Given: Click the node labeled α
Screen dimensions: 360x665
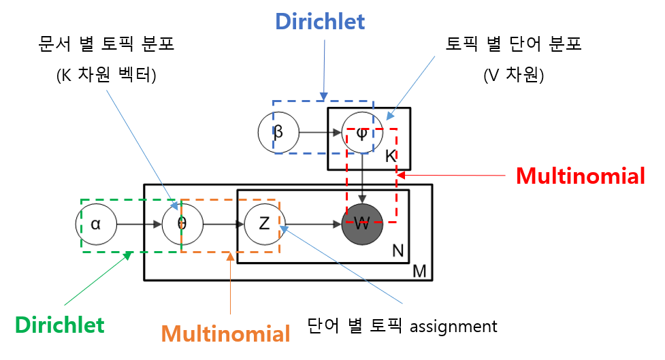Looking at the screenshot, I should [95, 224].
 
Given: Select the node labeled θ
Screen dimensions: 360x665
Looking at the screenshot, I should [182, 224].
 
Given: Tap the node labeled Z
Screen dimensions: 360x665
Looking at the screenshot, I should [264, 224].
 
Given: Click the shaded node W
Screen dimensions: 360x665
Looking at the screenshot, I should [362, 224].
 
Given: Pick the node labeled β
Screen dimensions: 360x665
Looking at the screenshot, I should [278, 132].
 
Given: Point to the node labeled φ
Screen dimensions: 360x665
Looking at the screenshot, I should [362, 132].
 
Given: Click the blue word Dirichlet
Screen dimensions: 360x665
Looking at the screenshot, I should [320, 22].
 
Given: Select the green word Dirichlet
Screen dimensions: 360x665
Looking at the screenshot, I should [60, 325].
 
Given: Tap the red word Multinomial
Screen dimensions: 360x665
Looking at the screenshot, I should [580, 176].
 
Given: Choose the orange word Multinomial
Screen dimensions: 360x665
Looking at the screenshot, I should [225, 334].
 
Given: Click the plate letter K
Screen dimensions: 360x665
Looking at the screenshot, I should [390, 156].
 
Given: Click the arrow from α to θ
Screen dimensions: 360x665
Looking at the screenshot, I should [139, 224].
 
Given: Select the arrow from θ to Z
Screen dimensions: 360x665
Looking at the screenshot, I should [223, 224].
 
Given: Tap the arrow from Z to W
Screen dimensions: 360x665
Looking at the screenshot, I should [313, 224].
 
